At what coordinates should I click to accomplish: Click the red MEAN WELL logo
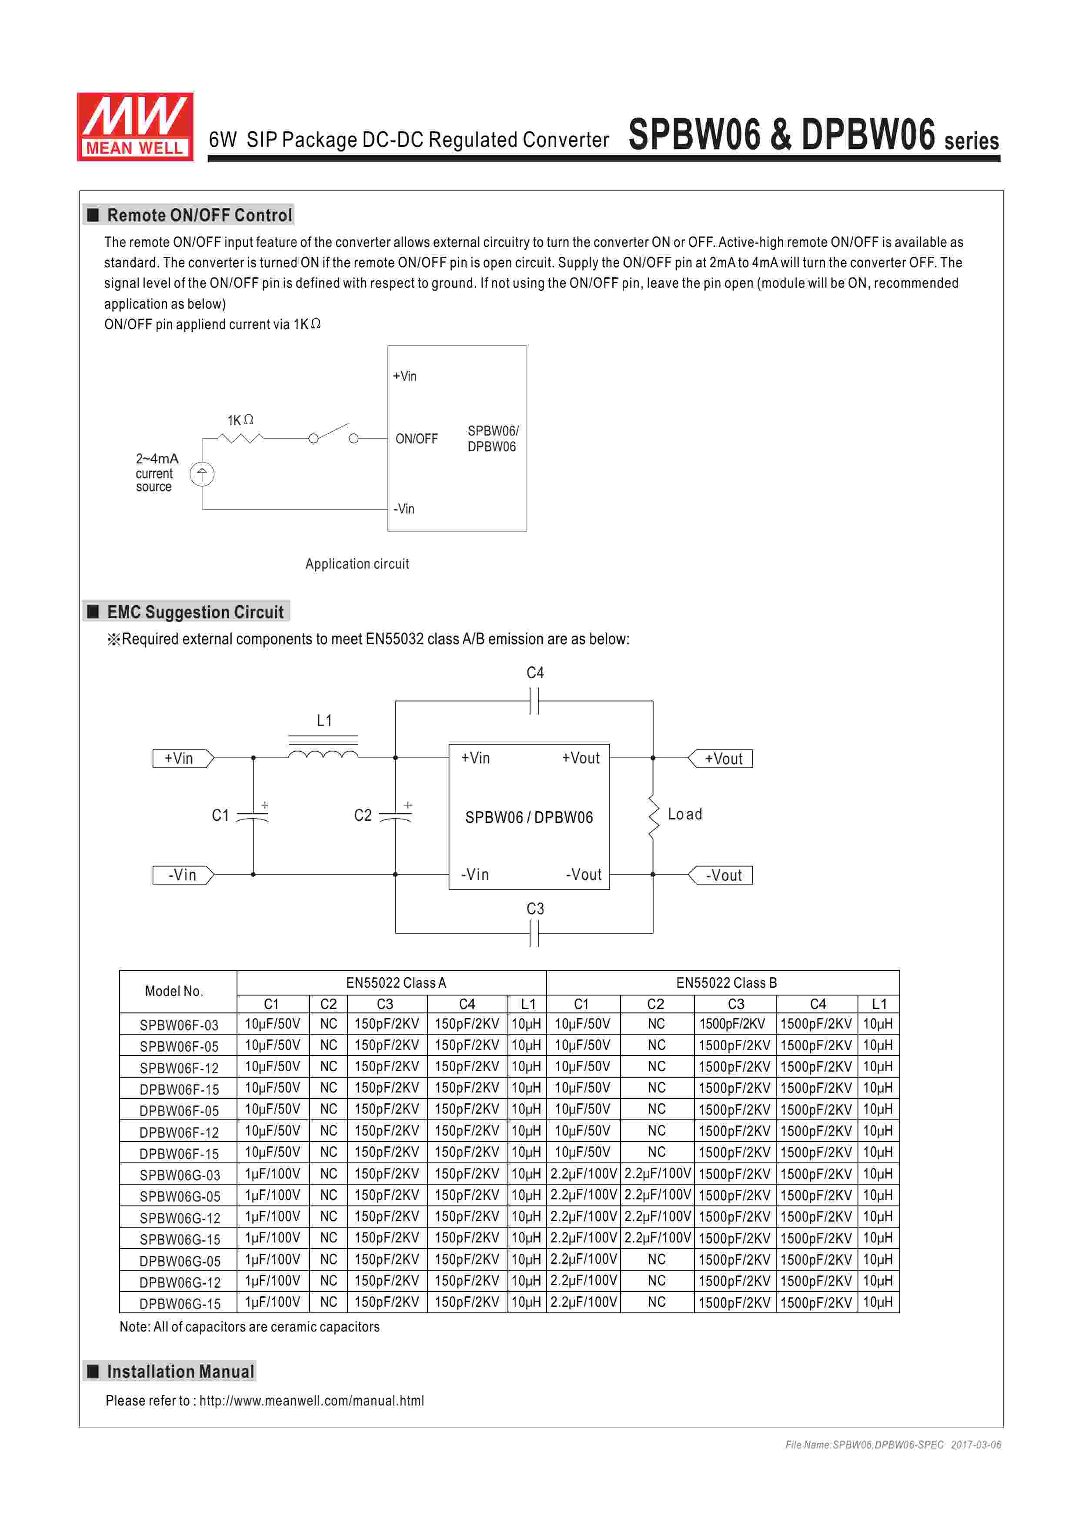[x=135, y=126]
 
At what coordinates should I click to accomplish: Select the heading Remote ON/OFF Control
[x=199, y=215]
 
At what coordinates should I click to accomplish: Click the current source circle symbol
[x=202, y=474]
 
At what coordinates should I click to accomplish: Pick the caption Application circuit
[x=357, y=564]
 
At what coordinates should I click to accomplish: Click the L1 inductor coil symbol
[x=323, y=754]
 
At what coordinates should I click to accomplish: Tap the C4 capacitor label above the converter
[x=535, y=673]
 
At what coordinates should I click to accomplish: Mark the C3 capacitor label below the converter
[x=535, y=909]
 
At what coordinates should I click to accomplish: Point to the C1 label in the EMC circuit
[x=220, y=815]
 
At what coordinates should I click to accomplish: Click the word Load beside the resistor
[x=685, y=814]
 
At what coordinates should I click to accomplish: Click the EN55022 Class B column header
[x=726, y=982]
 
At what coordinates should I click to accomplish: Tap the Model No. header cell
[x=174, y=991]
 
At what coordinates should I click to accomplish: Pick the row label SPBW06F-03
[x=179, y=1025]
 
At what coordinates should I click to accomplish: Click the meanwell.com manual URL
[x=311, y=1401]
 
